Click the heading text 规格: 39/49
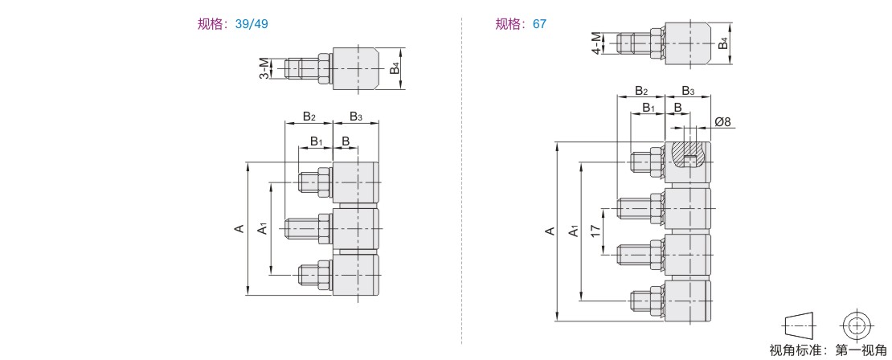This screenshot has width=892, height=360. [232, 24]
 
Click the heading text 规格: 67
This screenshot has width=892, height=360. [521, 24]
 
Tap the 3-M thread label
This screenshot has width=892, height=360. [264, 68]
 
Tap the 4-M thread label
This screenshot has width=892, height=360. [596, 43]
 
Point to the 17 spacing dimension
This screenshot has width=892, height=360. [595, 231]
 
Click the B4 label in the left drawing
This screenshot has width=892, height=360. [394, 68]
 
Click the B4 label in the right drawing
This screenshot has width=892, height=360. [722, 43]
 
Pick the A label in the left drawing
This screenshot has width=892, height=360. [239, 229]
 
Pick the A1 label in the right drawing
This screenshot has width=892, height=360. [575, 231]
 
